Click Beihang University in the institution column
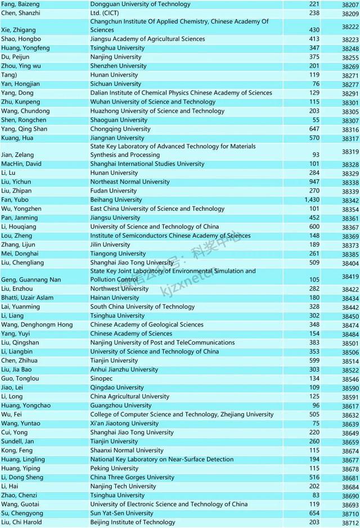coord(116,200)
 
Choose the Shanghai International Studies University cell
coord(147,164)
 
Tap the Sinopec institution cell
coord(102,378)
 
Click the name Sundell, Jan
coord(21,441)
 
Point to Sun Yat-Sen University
coord(121,513)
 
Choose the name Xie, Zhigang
coord(20,26)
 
